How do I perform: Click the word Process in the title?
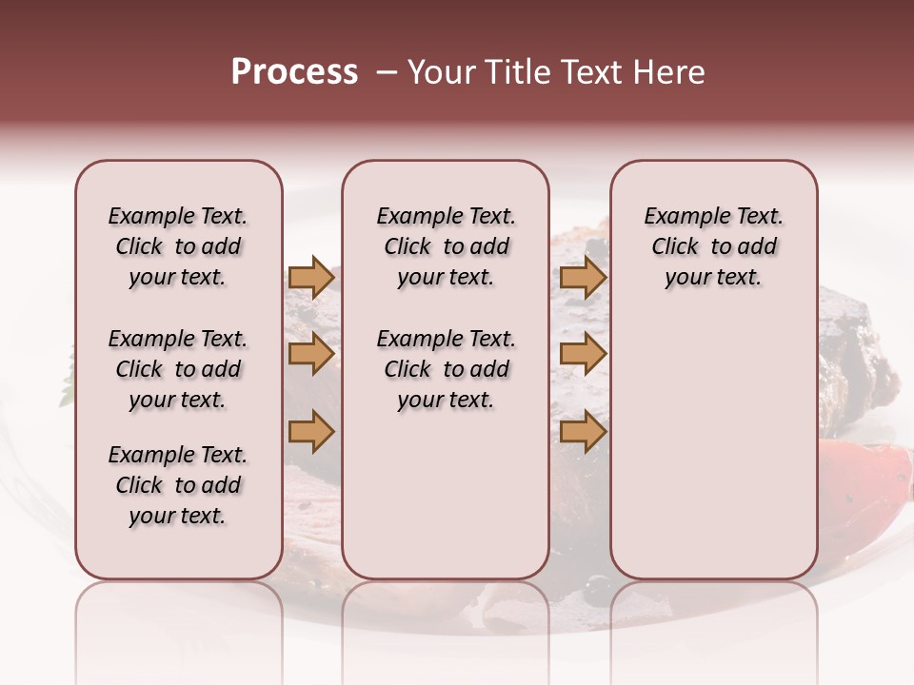[x=294, y=72]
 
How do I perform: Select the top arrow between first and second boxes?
[x=311, y=277]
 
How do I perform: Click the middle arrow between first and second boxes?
[x=311, y=354]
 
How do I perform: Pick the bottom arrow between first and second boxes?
[x=311, y=432]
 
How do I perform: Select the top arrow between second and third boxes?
[x=583, y=277]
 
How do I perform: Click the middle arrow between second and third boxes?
[x=583, y=354]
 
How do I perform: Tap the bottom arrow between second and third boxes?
[x=583, y=432]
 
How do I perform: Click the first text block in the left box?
[x=178, y=246]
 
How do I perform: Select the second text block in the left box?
[x=178, y=369]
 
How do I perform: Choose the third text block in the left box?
[x=178, y=485]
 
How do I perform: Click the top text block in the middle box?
[x=446, y=246]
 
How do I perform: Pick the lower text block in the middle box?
[x=446, y=369]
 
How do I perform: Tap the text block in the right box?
[x=713, y=246]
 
